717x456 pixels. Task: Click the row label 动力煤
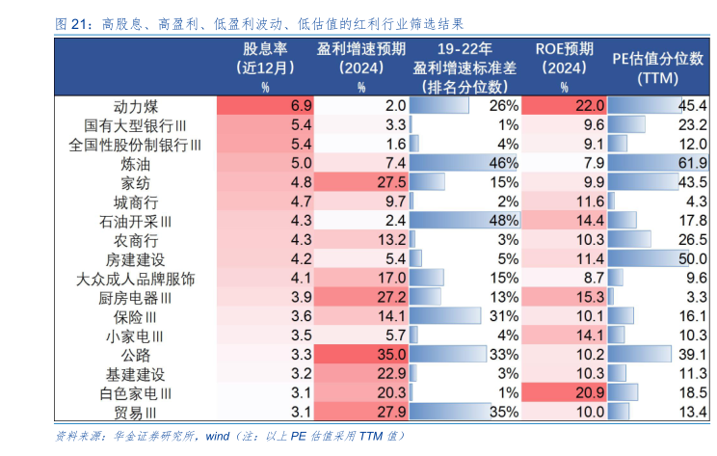point(136,107)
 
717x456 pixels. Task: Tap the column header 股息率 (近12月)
point(265,58)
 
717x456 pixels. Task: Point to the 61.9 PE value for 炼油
point(693,163)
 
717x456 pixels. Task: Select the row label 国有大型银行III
point(135,125)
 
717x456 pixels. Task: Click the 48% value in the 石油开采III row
point(504,221)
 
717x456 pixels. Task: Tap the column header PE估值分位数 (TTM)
point(657,68)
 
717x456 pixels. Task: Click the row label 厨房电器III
point(135,298)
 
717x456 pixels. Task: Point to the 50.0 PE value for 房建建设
point(693,259)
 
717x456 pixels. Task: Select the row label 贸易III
point(135,413)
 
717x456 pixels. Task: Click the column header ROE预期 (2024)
point(565,58)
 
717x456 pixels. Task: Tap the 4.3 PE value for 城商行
point(697,201)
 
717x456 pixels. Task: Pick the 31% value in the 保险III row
point(504,316)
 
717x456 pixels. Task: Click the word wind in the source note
point(218,436)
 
